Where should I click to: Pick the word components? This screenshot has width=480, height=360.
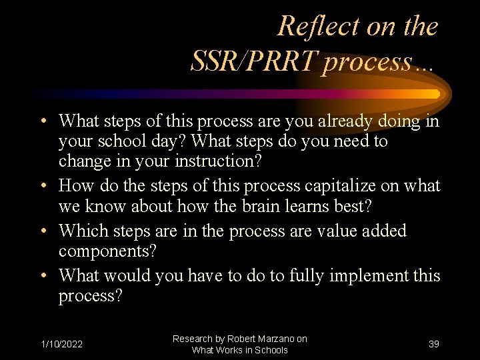tap(107, 251)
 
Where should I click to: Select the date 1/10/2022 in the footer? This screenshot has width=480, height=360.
tap(61, 344)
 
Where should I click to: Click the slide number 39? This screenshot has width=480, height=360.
tap(433, 344)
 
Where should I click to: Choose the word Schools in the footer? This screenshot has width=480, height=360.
tap(269, 350)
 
